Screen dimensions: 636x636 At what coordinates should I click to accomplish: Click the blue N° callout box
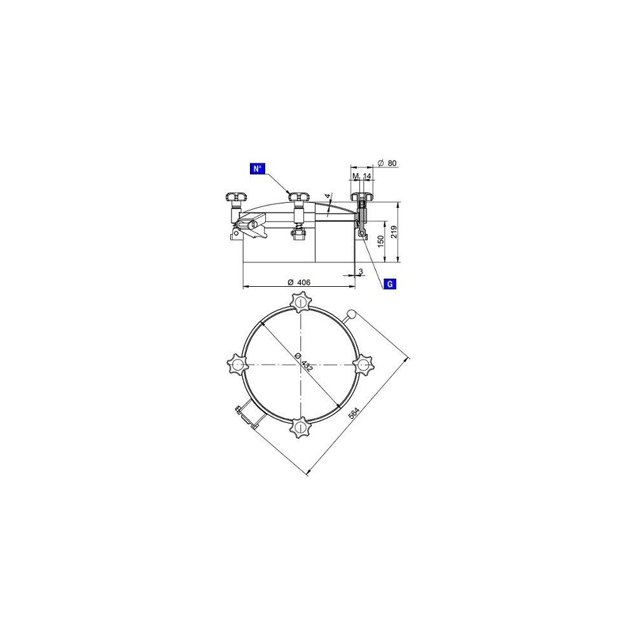[257, 169]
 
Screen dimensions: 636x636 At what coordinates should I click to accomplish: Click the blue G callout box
[390, 284]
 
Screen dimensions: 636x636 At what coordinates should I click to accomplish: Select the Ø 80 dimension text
[387, 163]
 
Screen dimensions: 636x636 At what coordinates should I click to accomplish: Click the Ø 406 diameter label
[299, 282]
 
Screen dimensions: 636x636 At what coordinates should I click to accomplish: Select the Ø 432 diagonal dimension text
[304, 363]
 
